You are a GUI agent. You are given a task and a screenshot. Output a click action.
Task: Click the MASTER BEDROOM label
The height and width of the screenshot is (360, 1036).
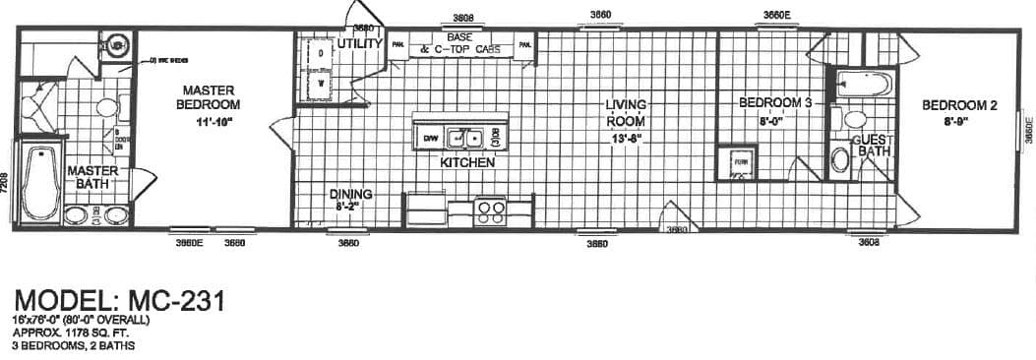tap(209, 97)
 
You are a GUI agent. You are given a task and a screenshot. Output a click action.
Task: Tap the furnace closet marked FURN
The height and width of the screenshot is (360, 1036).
tap(734, 162)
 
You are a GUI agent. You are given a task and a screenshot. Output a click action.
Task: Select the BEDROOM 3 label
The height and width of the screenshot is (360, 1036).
tap(775, 102)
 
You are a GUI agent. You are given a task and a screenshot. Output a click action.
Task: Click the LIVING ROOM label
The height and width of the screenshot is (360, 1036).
tap(625, 113)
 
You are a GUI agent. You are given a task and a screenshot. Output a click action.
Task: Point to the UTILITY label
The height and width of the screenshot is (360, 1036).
tap(359, 44)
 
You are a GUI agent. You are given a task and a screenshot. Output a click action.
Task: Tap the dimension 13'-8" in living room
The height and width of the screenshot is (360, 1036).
tap(626, 138)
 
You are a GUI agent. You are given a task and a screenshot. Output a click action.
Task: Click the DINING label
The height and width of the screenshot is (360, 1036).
tap(350, 194)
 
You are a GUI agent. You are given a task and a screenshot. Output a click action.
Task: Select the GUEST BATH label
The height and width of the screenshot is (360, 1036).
tap(874, 146)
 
